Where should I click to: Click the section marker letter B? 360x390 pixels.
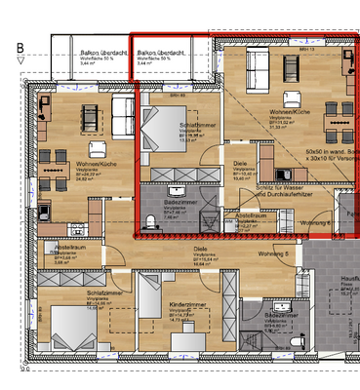pos(20,46)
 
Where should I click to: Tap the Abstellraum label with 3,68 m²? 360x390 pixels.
pos(60,251)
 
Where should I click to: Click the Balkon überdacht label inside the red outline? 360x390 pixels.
pos(161,55)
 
